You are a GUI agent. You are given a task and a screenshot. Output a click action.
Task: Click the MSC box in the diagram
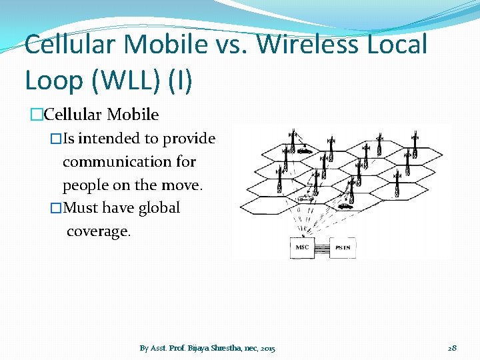(302, 247)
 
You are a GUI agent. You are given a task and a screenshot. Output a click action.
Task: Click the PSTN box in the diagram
(343, 247)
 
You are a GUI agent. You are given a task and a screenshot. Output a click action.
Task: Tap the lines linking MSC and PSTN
(323, 248)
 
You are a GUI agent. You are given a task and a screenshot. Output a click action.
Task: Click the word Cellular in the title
(70, 45)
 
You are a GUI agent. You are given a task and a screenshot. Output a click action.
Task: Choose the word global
(159, 207)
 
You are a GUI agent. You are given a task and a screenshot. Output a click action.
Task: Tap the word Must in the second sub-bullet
(81, 207)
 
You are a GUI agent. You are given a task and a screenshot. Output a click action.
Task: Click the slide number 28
(451, 348)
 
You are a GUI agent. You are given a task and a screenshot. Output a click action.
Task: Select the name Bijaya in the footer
(199, 348)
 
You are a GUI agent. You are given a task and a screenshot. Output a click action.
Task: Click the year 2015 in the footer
(268, 348)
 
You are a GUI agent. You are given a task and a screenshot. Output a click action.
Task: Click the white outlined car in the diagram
(306, 198)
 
